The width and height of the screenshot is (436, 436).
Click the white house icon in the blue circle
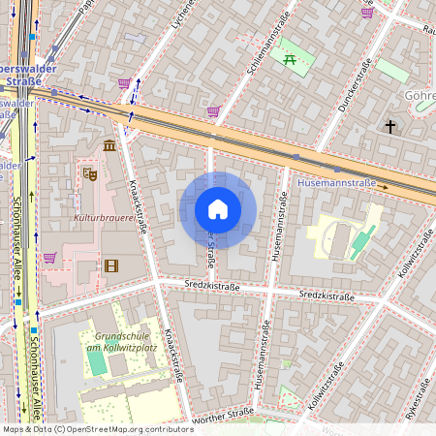[x=218, y=209]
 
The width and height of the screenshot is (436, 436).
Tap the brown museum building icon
[x=109, y=145]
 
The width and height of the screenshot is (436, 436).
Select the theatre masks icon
[x=89, y=174]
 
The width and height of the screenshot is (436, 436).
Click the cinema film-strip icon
[x=110, y=265]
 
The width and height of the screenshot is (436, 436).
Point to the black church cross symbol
[x=390, y=127]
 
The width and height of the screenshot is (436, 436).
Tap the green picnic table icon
[x=290, y=60]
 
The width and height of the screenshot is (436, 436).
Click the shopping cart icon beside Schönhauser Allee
[x=49, y=257]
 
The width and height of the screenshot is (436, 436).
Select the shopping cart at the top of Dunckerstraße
[x=367, y=13]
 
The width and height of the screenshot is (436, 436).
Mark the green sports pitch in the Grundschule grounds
[x=97, y=360]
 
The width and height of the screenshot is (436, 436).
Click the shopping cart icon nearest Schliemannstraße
[x=213, y=111]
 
